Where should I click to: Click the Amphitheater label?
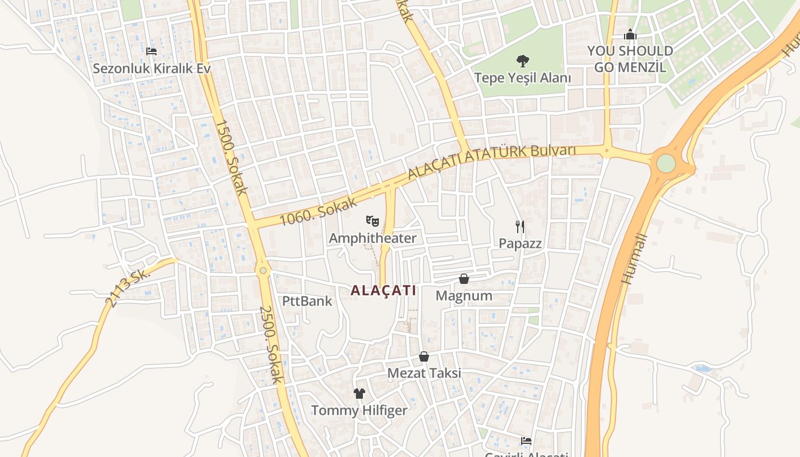tap(373, 238)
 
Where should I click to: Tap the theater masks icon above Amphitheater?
tap(373, 220)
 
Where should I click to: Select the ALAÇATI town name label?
tap(383, 290)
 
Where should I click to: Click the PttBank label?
tap(307, 301)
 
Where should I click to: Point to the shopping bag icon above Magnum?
tap(464, 279)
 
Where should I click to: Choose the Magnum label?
tap(464, 296)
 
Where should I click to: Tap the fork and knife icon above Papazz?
tap(520, 227)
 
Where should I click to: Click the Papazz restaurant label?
tap(520, 243)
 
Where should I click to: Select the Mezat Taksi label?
tap(424, 374)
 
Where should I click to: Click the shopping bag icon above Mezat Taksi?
tap(424, 356)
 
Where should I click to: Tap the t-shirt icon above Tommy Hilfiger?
tap(359, 393)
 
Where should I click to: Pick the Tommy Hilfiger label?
tap(359, 410)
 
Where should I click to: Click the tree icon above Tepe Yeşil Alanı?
tap(522, 61)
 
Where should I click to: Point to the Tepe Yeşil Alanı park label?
tap(522, 77)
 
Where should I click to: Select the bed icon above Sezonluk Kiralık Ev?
tap(151, 51)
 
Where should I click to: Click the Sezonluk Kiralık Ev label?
tap(151, 69)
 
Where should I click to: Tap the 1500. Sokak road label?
tap(231, 157)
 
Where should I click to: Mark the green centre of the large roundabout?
tap(666, 163)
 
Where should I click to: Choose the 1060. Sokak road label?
tap(319, 211)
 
